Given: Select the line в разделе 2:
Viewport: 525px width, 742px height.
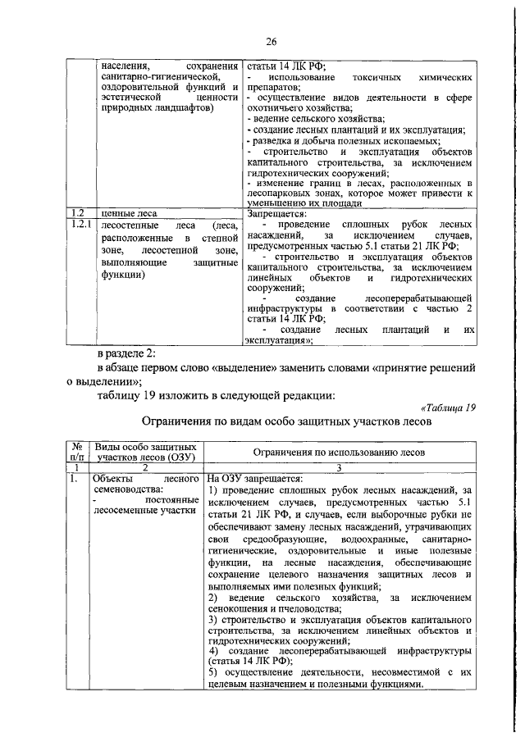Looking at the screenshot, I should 121,353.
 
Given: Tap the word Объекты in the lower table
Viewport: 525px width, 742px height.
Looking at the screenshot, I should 113,476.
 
